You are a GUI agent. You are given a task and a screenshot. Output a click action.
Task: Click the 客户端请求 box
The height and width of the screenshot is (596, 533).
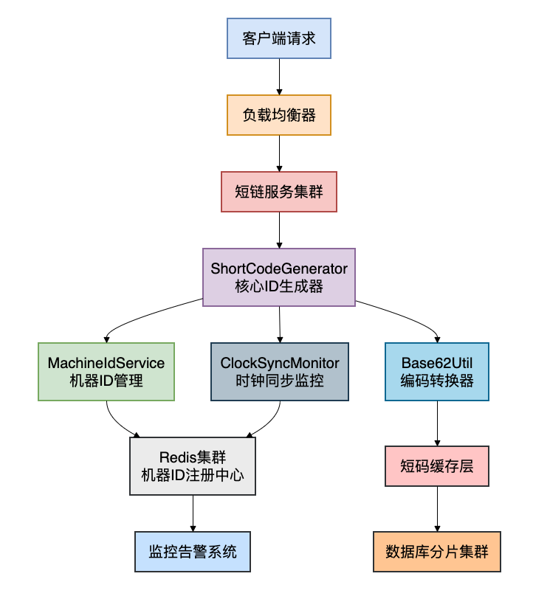(279, 38)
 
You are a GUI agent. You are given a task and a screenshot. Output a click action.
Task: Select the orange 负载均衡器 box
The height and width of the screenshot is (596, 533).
(279, 115)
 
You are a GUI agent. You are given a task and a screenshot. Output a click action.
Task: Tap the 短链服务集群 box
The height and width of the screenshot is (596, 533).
(279, 192)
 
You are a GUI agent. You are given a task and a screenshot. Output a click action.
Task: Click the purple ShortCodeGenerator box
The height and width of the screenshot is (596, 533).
(279, 277)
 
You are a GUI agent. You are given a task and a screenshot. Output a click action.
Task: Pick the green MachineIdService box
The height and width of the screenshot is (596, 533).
(106, 372)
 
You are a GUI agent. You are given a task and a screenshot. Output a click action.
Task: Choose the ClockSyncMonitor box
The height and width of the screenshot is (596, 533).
(279, 372)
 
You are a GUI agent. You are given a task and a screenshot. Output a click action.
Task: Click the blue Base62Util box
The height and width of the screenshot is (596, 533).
(437, 372)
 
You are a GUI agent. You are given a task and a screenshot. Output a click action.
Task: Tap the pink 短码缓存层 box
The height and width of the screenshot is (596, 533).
(437, 466)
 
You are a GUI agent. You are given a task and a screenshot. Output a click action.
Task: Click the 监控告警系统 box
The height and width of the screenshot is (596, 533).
(193, 552)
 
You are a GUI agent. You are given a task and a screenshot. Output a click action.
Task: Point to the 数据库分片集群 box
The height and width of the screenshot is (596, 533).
(437, 552)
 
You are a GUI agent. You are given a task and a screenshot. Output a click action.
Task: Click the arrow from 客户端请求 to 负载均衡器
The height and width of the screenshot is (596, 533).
(279, 76)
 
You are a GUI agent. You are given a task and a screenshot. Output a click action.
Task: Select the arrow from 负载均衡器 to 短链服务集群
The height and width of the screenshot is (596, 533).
(279, 153)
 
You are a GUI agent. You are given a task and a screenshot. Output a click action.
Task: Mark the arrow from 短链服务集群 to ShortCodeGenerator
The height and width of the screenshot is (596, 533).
(279, 230)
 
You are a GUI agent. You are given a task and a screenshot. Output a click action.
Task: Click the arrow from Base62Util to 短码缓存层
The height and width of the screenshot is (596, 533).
(437, 423)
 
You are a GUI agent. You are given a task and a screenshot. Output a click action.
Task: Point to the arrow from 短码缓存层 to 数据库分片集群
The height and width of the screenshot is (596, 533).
(437, 509)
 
